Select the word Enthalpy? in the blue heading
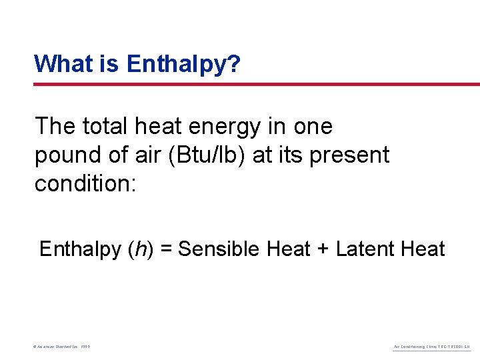pyautogui.click(x=183, y=65)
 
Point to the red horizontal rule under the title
pyautogui.click(x=257, y=84)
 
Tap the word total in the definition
pyautogui.click(x=105, y=126)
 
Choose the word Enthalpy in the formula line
pyautogui.click(x=80, y=249)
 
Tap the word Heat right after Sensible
pyautogui.click(x=289, y=249)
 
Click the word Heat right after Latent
pyautogui.click(x=422, y=249)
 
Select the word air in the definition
pyautogui.click(x=133, y=155)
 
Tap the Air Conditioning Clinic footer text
pyautogui.click(x=433, y=347)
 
